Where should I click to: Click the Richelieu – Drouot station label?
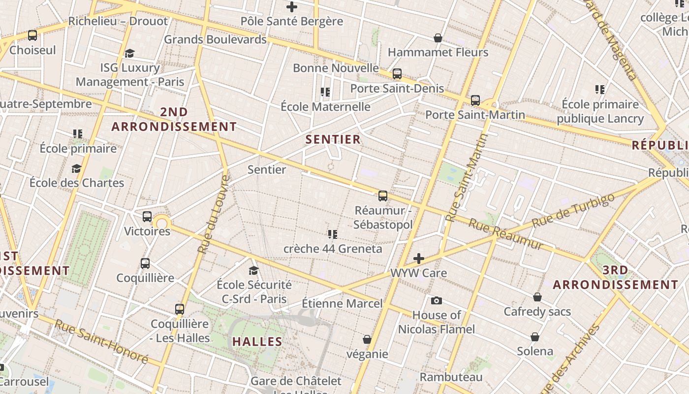[118, 21]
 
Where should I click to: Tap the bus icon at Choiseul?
[32, 35]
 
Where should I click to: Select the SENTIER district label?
[333, 139]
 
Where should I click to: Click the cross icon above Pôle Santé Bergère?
[292, 7]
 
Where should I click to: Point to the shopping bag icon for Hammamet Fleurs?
[438, 38]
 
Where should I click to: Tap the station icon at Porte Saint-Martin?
[475, 100]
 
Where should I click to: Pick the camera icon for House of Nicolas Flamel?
[436, 300]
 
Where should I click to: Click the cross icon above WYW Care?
[419, 258]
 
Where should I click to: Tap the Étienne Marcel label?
[342, 303]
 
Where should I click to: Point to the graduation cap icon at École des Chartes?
[76, 169]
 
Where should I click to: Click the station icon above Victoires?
[147, 217]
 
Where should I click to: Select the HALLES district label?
[257, 341]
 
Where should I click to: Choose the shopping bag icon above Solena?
[535, 337]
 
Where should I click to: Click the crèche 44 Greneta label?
[333, 249]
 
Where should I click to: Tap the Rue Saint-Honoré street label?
[101, 342]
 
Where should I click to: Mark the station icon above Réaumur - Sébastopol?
[383, 196]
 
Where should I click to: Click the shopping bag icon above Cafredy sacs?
[537, 297]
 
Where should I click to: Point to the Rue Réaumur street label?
[506, 234]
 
